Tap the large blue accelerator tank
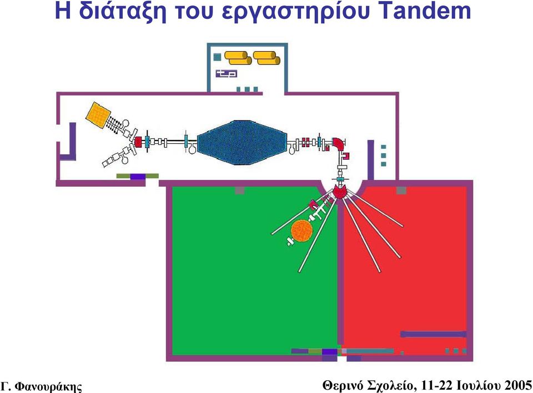[242, 143]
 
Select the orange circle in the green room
[301, 230]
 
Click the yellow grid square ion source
[98, 115]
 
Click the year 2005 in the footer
[517, 385]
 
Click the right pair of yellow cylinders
[266, 58]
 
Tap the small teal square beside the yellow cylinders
[217, 57]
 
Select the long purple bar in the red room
[434, 334]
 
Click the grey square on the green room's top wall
[240, 190]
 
